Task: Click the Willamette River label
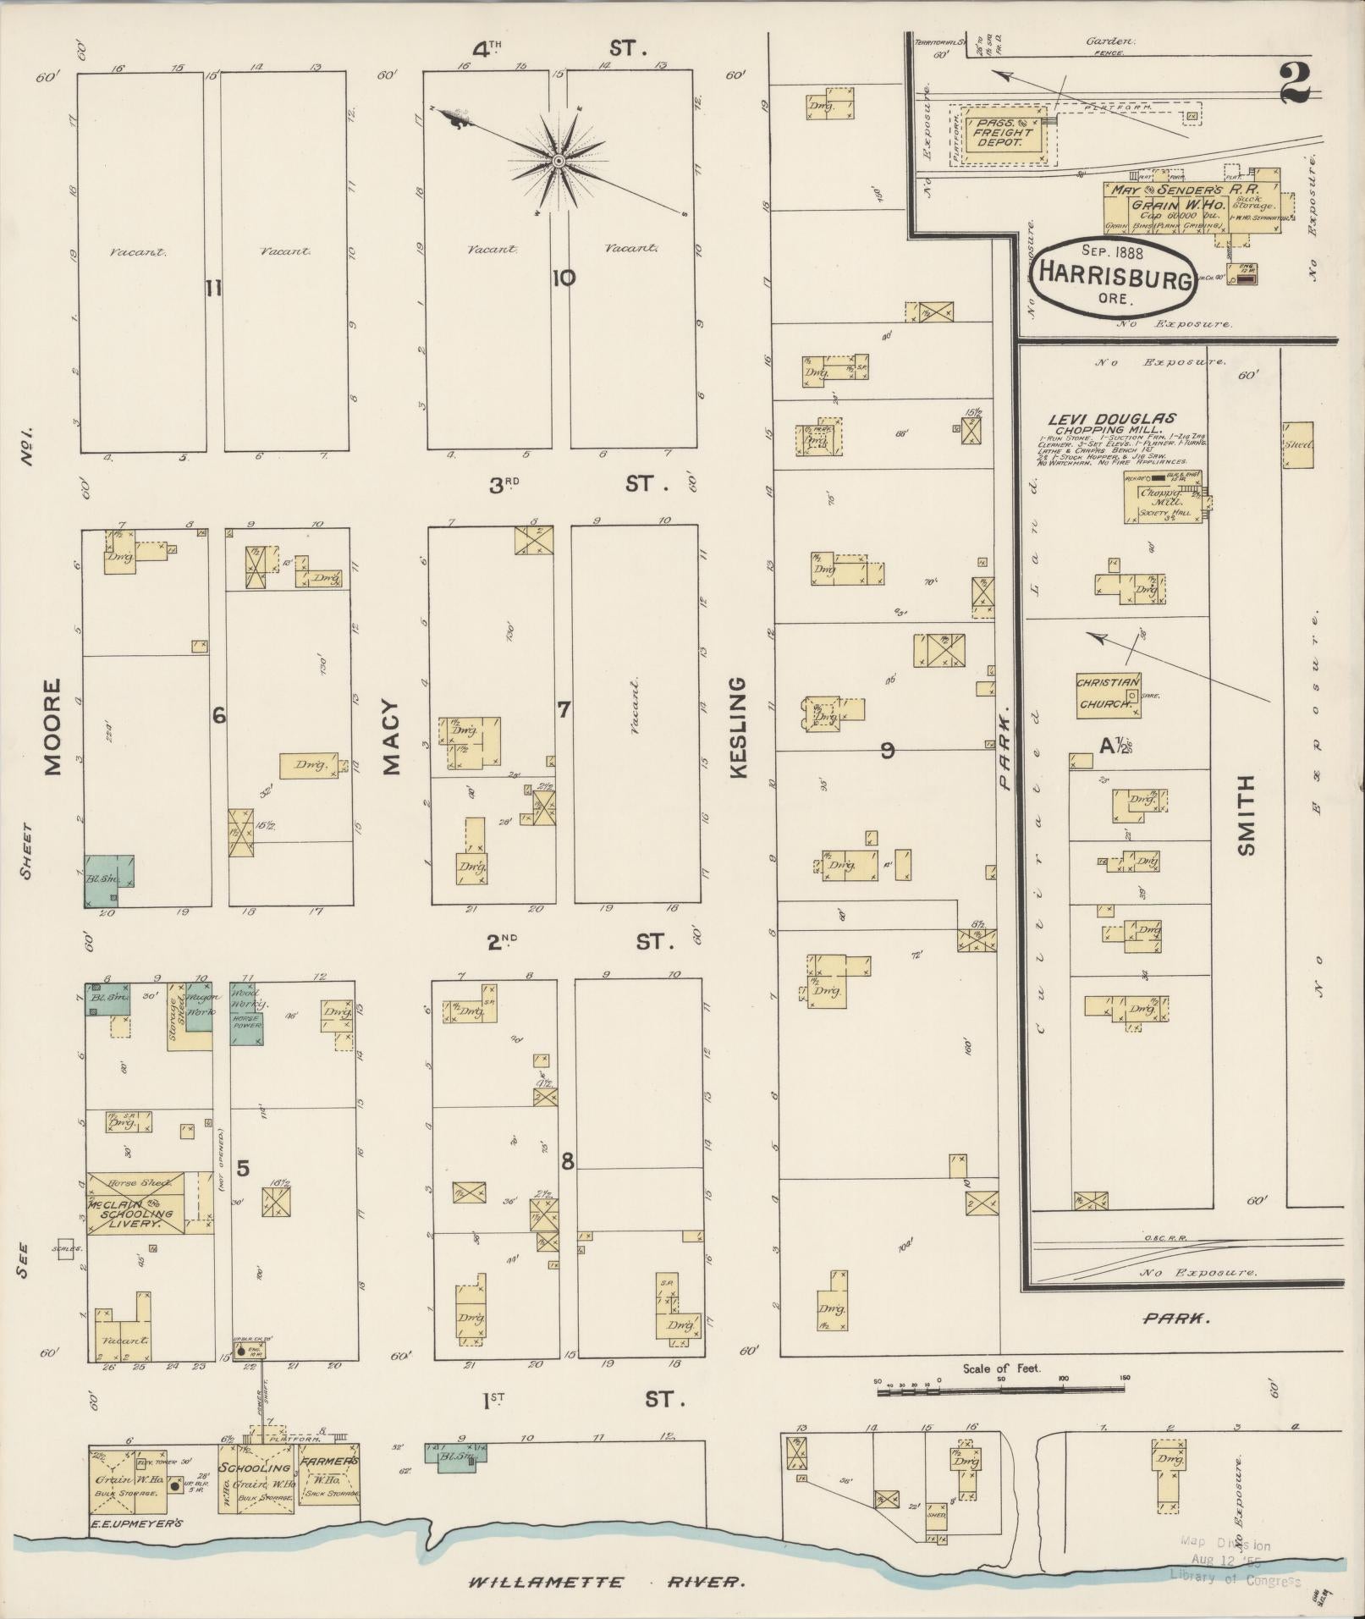(x=608, y=1581)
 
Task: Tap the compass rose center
(x=559, y=160)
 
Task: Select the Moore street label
(x=52, y=727)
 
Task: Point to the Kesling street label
(x=737, y=728)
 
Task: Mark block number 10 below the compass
(x=563, y=277)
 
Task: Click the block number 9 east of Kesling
(x=887, y=749)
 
